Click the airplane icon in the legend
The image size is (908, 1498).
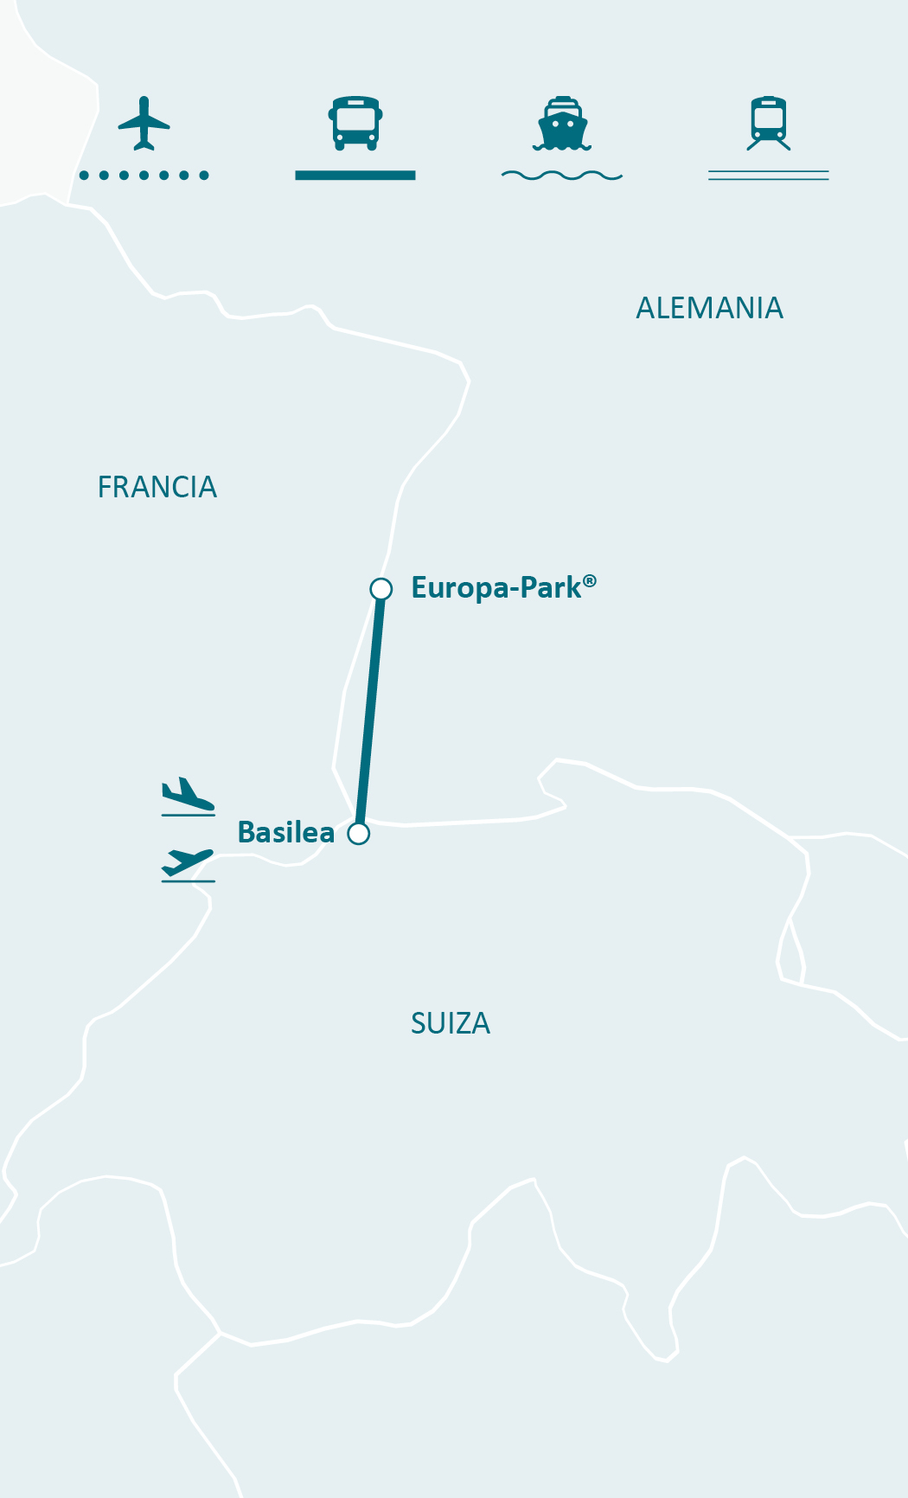144,123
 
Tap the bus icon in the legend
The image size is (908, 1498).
355,123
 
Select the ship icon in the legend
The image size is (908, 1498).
562,124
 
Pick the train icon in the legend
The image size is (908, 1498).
769,123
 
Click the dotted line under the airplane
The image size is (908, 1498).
144,176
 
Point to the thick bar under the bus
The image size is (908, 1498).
355,176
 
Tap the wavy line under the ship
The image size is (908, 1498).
562,176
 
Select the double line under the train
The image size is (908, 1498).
769,176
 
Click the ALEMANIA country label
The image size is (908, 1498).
709,308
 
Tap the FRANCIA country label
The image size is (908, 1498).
157,488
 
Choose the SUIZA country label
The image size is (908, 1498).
450,1024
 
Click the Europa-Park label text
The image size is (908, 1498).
496,588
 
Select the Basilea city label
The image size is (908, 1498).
285,832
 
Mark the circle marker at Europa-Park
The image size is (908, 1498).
380,589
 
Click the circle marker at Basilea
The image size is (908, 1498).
359,834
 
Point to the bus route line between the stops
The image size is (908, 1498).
370,709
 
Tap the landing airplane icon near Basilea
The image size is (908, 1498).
188,795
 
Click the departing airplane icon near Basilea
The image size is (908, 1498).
188,863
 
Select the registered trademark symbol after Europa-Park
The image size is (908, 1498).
590,580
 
